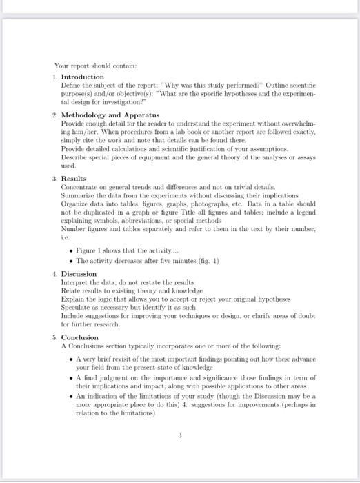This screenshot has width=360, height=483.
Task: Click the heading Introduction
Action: (x=82, y=76)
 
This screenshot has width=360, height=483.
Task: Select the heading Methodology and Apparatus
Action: (x=110, y=113)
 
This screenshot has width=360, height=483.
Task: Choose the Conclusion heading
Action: (x=79, y=337)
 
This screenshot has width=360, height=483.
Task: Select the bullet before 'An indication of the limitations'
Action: (x=72, y=397)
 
